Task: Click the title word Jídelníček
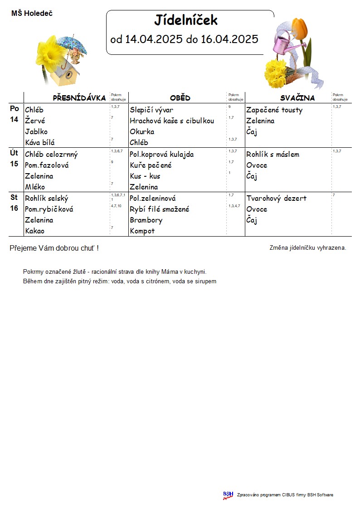coord(186,20)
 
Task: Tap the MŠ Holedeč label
coord(32,14)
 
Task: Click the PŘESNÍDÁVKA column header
coord(79,98)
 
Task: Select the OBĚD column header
coord(180,98)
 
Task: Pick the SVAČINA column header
coord(297,98)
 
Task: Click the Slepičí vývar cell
coord(151,110)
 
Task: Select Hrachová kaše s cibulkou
coord(172,121)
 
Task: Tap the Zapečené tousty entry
coord(274,110)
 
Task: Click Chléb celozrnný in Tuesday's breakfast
coord(51,155)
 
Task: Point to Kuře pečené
coord(151,165)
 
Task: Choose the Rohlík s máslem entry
coord(272,155)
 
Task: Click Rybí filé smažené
coord(160,209)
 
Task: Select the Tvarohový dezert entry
coord(277,199)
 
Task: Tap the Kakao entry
coord(35,231)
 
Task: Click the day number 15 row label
coord(15,164)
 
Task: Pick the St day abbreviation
coord(15,197)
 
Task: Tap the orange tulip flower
coord(301,28)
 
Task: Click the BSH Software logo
coord(228,495)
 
